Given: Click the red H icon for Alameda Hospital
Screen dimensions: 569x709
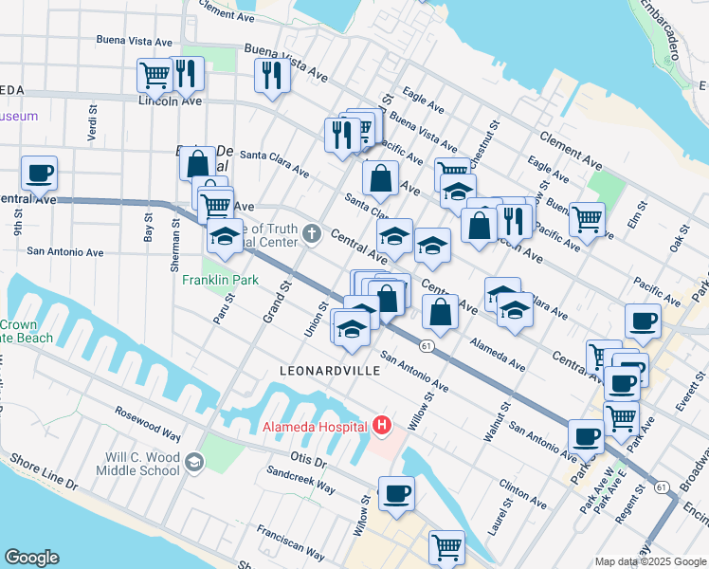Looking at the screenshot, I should (x=382, y=426).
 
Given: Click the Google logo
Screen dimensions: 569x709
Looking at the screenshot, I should (x=31, y=558).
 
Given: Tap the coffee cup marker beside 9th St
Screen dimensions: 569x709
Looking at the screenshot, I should (x=39, y=174).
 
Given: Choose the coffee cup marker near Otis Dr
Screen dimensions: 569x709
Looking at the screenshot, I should (x=396, y=493).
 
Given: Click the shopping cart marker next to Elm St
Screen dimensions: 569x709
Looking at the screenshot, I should (x=588, y=220).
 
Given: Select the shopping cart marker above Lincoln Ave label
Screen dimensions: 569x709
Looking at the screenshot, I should (x=155, y=74).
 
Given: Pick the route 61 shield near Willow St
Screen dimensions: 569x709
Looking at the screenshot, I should (x=428, y=347).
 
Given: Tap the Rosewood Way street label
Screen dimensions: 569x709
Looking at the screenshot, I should (x=147, y=424).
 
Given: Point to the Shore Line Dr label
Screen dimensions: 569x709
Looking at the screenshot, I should (x=45, y=471).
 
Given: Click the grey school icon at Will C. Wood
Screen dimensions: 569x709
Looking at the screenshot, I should (x=194, y=462).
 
